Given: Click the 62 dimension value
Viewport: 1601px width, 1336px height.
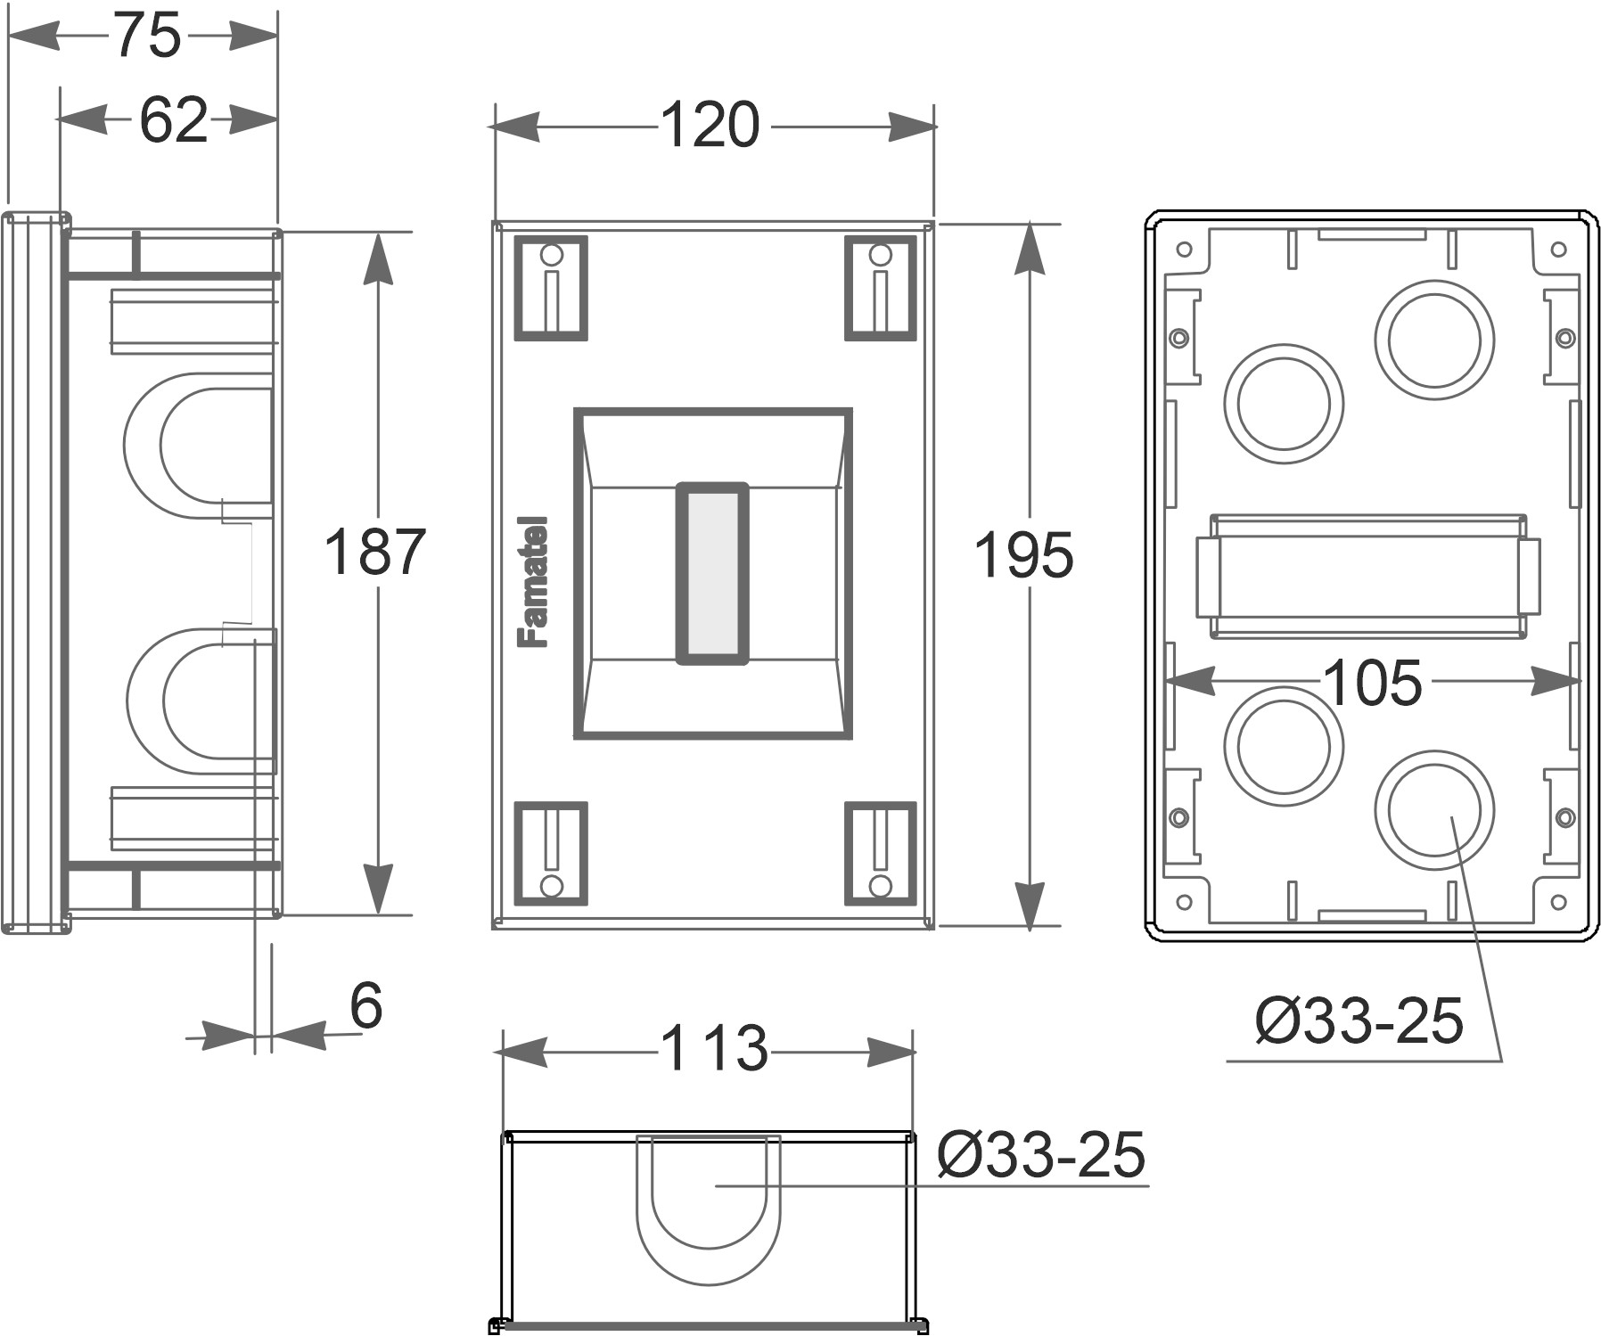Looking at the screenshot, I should pos(173,120).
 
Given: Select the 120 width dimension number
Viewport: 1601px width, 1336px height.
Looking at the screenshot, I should pos(710,126).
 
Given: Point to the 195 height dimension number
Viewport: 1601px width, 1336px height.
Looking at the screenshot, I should pos(1023,556).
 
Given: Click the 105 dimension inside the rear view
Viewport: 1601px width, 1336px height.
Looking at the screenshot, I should pos(1372,684).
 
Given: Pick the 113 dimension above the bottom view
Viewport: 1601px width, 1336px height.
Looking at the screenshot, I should pos(713,1048).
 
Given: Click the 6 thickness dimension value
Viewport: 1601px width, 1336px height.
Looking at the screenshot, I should pos(365,1006).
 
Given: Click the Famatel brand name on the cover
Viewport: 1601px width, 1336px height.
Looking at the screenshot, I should pos(534,581).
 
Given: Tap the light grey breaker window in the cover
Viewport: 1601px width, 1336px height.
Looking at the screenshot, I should pos(711,574).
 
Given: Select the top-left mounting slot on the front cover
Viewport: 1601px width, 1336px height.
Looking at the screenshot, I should pos(551,288).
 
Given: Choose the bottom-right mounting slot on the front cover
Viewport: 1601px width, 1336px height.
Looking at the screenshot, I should pos(880,854).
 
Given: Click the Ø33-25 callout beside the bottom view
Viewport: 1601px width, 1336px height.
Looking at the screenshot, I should pos(1040,1155).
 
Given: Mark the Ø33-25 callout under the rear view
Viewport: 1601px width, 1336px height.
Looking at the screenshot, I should pos(1359,1020).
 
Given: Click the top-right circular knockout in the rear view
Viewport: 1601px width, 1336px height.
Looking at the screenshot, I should pos(1433,340).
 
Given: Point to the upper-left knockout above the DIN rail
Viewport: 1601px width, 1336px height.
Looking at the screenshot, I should pos(1283,404).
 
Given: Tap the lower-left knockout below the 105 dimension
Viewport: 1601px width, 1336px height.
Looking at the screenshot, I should pos(1283,745).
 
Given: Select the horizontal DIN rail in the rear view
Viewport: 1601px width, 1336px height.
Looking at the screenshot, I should pos(1367,576).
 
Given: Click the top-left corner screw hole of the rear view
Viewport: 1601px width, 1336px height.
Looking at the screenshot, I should pos(1184,250).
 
